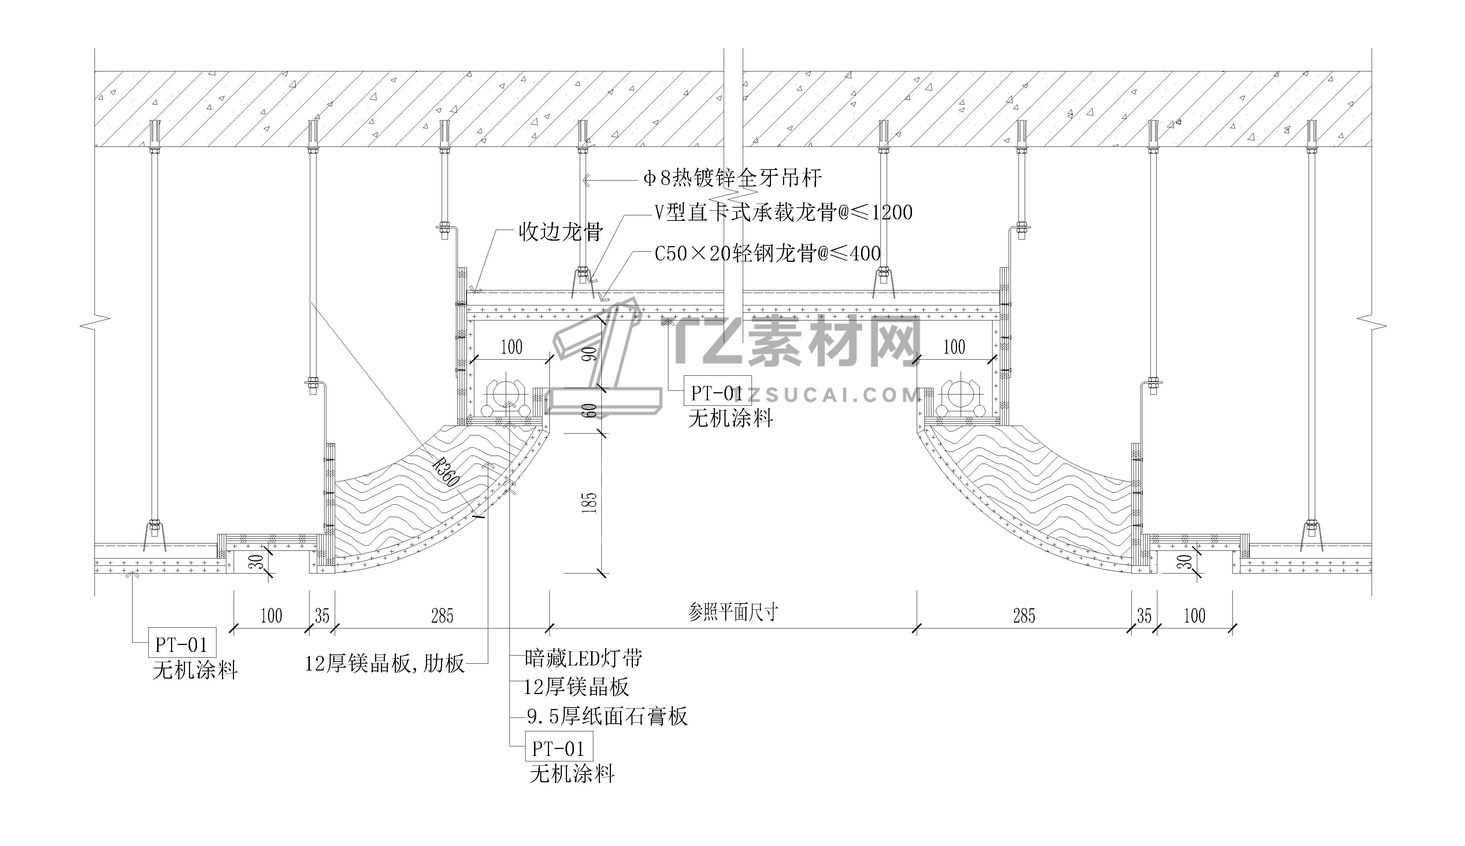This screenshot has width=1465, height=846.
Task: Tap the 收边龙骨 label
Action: [561, 233]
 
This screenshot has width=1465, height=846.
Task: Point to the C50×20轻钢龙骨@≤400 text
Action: [767, 253]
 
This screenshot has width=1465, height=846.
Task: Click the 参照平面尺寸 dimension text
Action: [733, 612]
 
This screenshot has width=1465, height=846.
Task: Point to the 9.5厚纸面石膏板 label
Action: [607, 716]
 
